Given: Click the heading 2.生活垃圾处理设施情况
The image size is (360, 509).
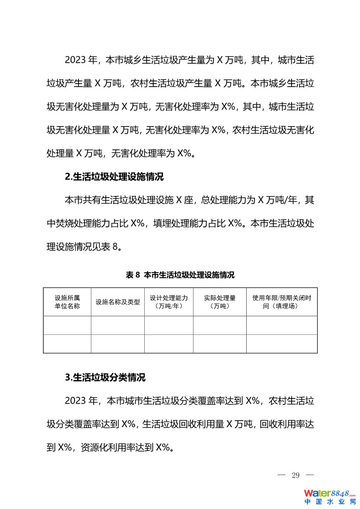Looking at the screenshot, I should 114,177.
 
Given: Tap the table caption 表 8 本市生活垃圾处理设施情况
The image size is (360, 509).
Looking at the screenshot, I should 180,275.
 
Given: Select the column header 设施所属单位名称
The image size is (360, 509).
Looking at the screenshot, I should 67,302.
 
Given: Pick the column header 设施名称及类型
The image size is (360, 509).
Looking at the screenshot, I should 118,302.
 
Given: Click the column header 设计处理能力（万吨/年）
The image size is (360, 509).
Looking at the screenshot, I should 169,302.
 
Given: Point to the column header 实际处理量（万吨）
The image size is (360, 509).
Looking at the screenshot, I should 220,302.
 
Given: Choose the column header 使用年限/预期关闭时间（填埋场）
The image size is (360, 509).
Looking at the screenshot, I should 282,302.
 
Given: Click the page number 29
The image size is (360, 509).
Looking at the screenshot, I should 295,475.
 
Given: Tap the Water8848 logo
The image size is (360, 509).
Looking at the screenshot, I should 329,493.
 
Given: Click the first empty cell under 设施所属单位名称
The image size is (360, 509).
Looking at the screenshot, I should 67,325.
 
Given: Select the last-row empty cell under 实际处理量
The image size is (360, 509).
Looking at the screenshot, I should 220,344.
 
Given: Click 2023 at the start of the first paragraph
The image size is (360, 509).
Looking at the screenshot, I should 75,60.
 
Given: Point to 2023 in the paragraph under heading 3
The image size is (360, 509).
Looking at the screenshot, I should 75,401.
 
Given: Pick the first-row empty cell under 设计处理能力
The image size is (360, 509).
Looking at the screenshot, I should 169,325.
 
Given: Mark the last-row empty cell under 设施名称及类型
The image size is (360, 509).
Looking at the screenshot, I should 118,344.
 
